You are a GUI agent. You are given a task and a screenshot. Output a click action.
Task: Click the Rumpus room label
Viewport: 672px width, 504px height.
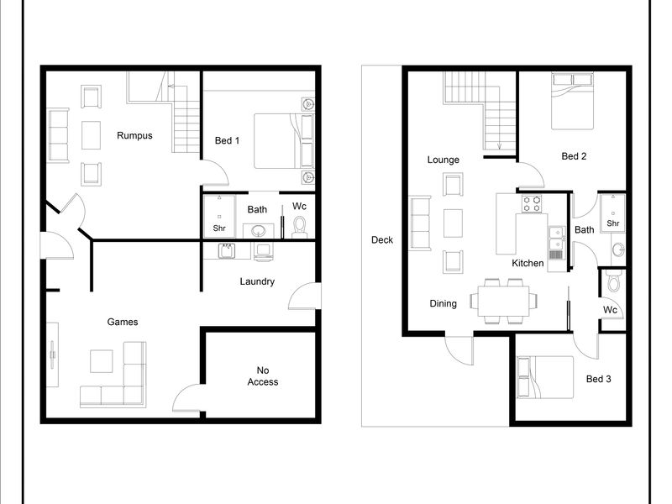[134, 136]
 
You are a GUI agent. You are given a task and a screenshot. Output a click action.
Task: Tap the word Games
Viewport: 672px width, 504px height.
[123, 322]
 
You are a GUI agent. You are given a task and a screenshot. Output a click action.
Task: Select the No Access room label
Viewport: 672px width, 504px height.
[263, 375]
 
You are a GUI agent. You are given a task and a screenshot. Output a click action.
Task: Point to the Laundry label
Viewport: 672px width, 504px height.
[257, 281]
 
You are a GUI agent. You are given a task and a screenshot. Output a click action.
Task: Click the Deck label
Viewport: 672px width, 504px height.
[382, 240]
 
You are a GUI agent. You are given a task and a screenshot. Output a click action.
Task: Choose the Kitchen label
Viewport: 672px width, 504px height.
[528, 263]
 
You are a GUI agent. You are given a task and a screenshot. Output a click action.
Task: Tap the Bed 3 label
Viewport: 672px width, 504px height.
[598, 379]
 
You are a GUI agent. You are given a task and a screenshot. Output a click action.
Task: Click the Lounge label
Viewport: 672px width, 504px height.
[444, 160]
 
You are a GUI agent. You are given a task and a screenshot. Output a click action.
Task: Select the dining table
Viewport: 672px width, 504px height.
[503, 301]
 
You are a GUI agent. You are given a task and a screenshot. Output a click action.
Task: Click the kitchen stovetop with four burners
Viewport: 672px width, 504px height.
[532, 203]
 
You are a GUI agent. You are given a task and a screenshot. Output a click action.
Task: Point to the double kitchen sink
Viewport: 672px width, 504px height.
[556, 238]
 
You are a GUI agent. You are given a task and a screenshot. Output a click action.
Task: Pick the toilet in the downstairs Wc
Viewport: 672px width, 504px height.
[299, 226]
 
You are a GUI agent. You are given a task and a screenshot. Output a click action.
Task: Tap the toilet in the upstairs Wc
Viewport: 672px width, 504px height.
[614, 281]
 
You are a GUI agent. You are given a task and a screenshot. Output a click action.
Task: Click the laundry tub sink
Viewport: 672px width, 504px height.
[227, 251]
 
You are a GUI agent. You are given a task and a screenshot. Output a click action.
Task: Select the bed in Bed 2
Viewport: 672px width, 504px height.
[573, 101]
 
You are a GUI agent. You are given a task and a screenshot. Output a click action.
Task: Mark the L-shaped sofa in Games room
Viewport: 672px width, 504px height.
[113, 374]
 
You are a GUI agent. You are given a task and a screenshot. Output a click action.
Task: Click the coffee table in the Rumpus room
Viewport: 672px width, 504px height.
[91, 135]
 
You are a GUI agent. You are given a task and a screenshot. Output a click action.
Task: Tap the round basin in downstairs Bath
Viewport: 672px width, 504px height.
[258, 231]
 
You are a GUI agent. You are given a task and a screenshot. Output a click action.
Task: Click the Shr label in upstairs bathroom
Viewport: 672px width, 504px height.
[613, 223]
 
